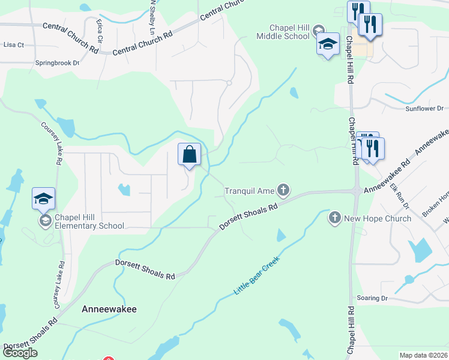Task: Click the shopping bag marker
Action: click(x=189, y=155)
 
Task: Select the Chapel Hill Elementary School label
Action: click(x=89, y=221)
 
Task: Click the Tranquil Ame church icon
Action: click(x=283, y=191)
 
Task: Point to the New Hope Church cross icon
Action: click(x=335, y=218)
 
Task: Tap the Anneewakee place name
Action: click(x=109, y=309)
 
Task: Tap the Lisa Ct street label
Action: click(x=13, y=44)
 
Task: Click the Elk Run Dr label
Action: click(x=399, y=196)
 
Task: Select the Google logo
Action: click(x=20, y=352)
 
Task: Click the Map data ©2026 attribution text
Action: click(x=423, y=355)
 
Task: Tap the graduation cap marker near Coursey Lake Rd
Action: click(x=43, y=198)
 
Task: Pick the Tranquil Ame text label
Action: click(x=249, y=191)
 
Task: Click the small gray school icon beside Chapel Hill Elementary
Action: click(x=45, y=221)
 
